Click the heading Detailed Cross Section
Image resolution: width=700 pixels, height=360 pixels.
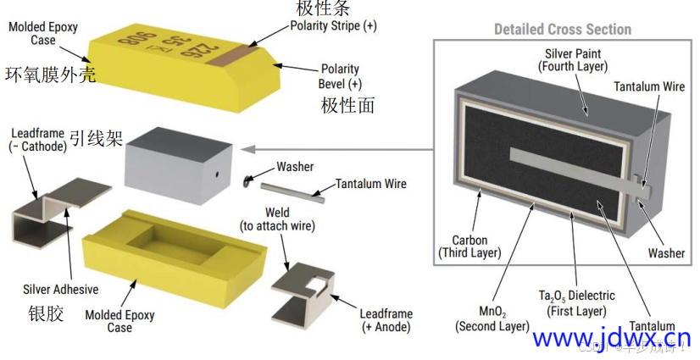pyautogui.click(x=563, y=29)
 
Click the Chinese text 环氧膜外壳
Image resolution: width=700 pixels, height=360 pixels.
pyautogui.click(x=50, y=75)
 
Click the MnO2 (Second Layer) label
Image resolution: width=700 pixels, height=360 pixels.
pyautogui.click(x=492, y=318)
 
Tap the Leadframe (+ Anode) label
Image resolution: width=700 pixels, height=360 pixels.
pyautogui.click(x=387, y=320)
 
